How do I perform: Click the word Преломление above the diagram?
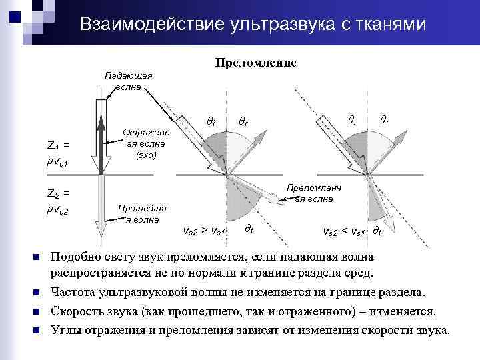tap(255, 63)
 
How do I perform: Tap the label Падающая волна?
tap(128, 81)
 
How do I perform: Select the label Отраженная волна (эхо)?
tap(146, 143)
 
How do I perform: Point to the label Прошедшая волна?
tap(142, 213)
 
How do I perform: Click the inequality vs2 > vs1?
tap(203, 231)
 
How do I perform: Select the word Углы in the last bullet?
tap(66, 330)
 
